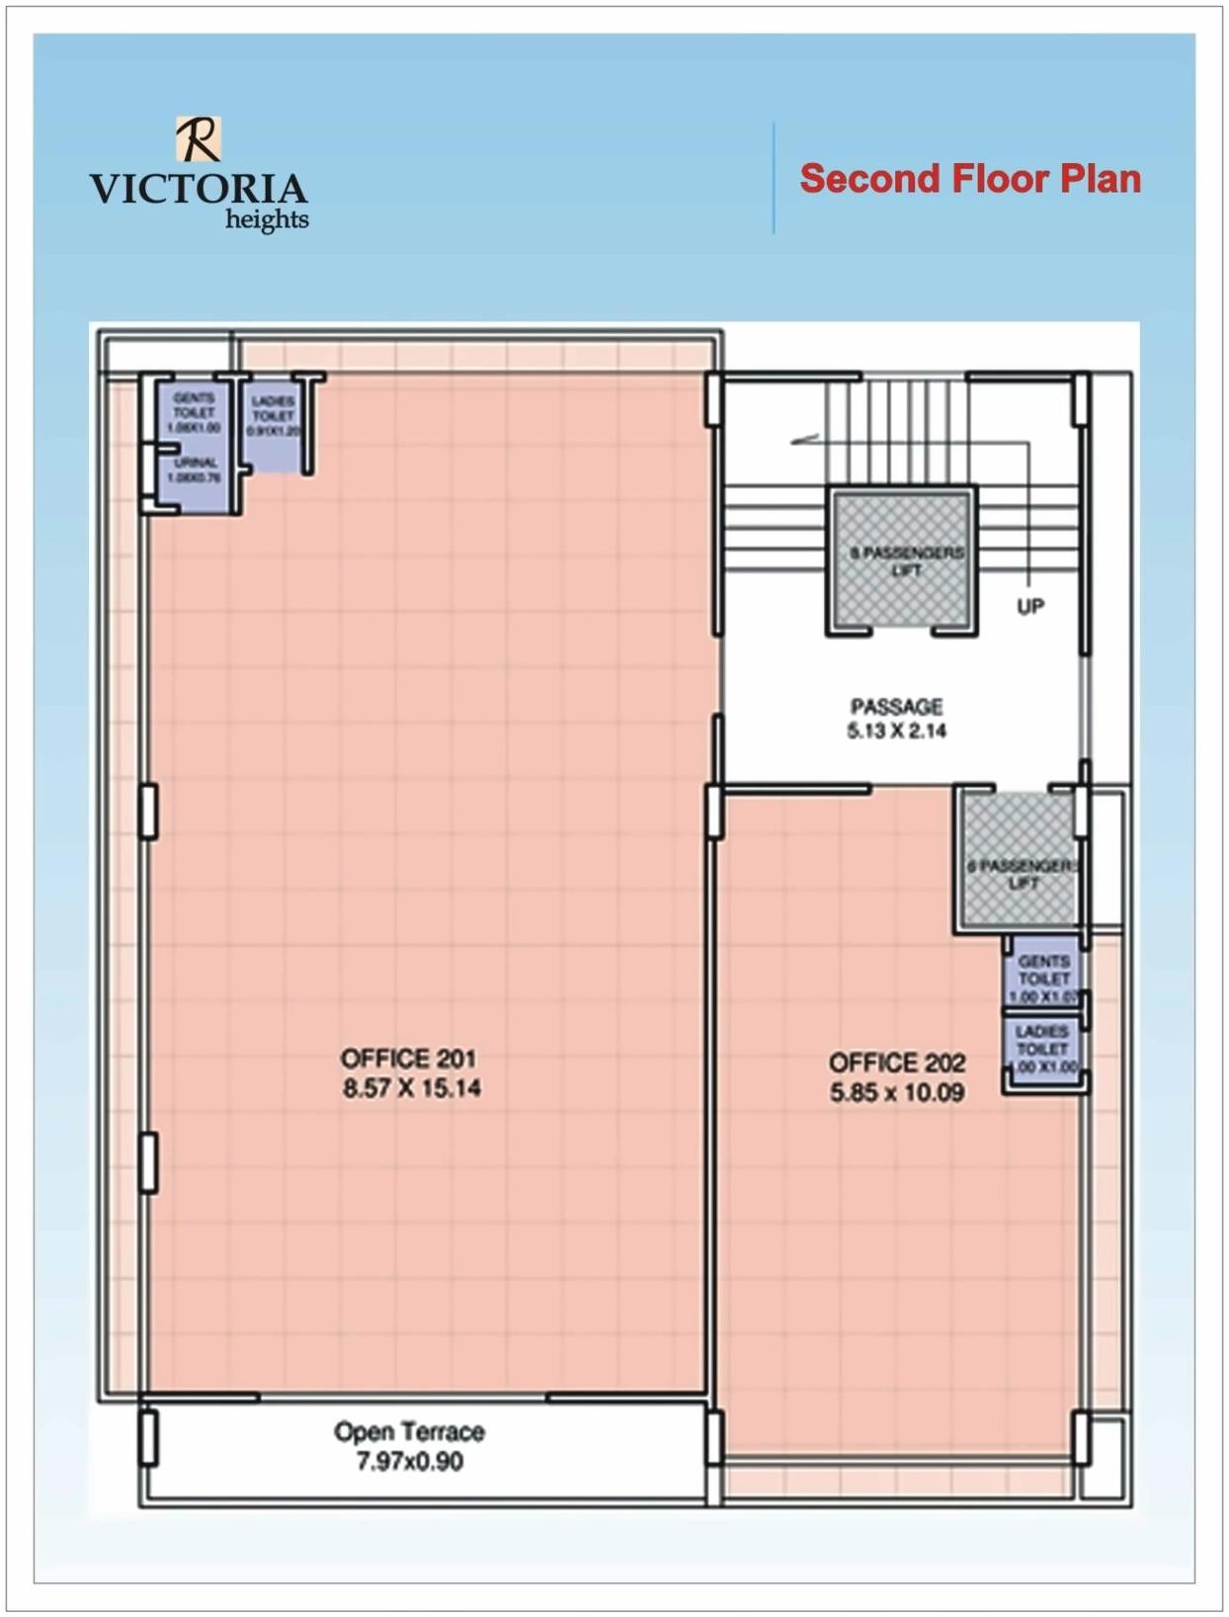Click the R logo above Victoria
(199, 138)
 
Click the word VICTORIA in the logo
(198, 189)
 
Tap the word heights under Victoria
(267, 219)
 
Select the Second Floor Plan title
(969, 179)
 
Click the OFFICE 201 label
(408, 1059)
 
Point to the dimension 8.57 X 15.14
(412, 1088)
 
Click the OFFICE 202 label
(896, 1063)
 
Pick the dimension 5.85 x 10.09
(896, 1092)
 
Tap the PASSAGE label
(896, 707)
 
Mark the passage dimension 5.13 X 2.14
(896, 731)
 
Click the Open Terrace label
(409, 1431)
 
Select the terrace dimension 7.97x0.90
(409, 1461)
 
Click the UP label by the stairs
(1030, 606)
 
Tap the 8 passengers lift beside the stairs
(901, 560)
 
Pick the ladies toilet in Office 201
(273, 420)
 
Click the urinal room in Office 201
(196, 472)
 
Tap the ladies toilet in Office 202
(1043, 1050)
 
